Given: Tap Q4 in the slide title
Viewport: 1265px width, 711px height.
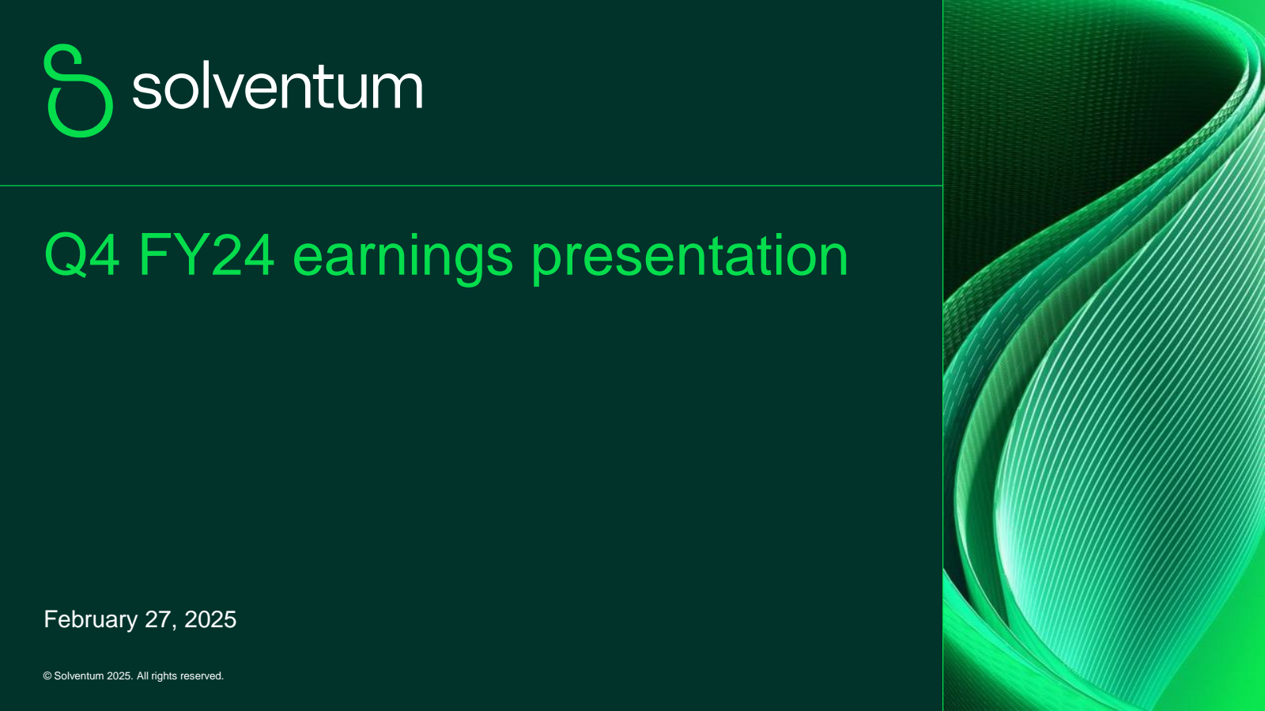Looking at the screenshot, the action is (x=82, y=256).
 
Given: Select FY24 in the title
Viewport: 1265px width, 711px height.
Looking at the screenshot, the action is (x=206, y=255).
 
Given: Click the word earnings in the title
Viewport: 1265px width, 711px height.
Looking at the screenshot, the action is (x=402, y=260).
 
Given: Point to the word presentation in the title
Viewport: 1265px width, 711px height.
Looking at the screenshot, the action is (x=689, y=260).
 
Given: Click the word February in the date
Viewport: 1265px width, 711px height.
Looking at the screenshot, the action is (x=91, y=620).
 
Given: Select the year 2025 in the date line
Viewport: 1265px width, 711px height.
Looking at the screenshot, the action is (x=210, y=619).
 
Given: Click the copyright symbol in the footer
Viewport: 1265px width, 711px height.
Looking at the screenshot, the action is (x=47, y=676).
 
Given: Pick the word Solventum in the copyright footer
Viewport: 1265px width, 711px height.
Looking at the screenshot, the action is (x=79, y=676).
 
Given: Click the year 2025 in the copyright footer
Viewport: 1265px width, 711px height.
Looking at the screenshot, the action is (x=119, y=676).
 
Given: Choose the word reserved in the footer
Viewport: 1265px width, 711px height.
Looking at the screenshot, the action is (x=202, y=676).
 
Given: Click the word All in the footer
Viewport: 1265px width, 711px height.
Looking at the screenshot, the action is (x=142, y=676).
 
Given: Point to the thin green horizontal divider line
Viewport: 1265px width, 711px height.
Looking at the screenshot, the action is (x=471, y=185).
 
